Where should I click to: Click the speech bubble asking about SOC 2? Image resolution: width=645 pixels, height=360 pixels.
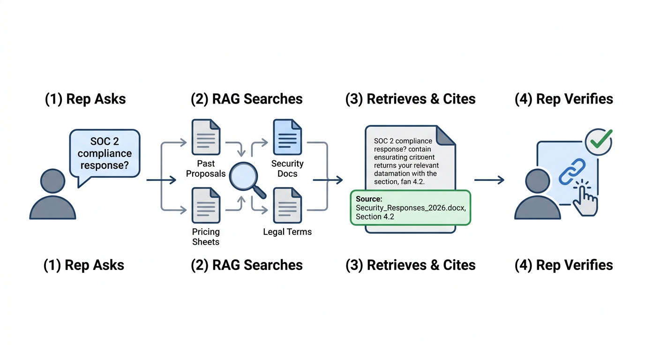coord(105,153)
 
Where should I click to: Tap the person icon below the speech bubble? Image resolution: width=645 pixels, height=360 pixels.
coord(52,195)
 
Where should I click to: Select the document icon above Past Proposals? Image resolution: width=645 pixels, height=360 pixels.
coord(206,137)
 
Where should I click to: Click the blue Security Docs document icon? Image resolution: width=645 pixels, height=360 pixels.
coord(287,137)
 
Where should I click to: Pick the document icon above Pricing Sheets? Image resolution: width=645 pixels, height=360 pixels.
coord(206,205)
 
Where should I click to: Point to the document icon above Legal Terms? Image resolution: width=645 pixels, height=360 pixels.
coord(287,205)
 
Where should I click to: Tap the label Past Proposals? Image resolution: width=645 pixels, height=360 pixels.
coord(206,169)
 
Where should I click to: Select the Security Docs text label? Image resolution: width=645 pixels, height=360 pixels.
coord(287,169)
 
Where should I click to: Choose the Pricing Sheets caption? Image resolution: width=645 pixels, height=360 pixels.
coord(206,237)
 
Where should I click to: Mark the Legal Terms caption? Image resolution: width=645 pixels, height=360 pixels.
coord(287,232)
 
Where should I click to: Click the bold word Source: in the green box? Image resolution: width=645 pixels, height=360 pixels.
coord(369,199)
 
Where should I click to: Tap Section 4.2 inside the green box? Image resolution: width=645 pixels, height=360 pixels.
coord(375,217)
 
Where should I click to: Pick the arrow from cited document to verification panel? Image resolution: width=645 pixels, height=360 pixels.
coord(489,180)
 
